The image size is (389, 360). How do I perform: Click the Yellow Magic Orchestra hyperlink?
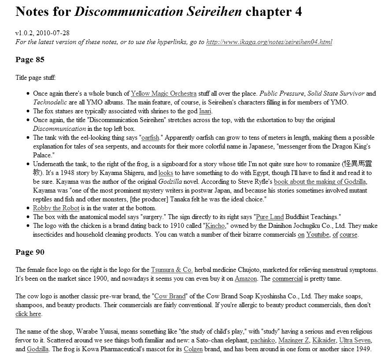coord(163,93)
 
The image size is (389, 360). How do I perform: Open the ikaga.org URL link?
coord(269,42)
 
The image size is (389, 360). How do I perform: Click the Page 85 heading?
coord(30,59)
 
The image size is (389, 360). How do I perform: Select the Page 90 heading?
coord(30,252)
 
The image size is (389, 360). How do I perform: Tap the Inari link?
coord(205,111)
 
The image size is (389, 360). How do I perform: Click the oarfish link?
coord(150,137)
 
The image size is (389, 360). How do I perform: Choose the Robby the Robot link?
coord(56,208)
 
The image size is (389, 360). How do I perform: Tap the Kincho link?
coord(214,226)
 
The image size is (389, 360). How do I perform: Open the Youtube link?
coord(318,234)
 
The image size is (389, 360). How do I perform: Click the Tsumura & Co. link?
coord(172,270)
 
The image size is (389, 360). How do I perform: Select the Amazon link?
coord(246,278)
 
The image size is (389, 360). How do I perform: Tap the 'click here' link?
coord(28,314)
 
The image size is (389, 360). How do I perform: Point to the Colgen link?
coord(193,349)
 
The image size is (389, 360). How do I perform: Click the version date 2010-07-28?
coord(53,33)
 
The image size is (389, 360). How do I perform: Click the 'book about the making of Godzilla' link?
coord(320,182)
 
